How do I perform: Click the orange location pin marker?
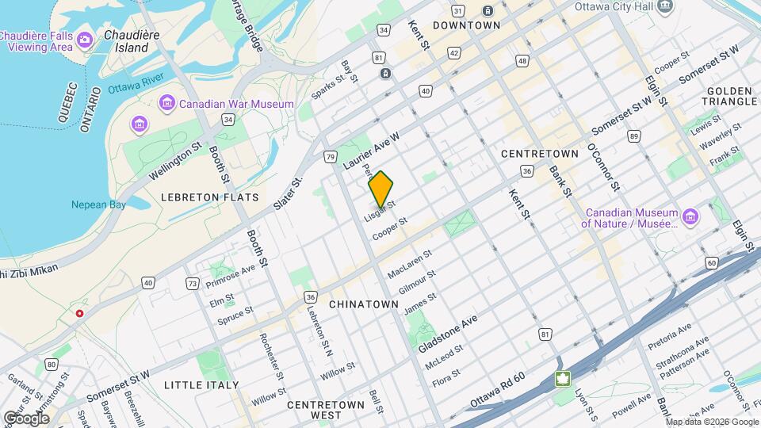point(381,189)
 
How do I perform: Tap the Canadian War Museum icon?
point(166,103)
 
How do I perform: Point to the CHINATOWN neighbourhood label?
point(362,304)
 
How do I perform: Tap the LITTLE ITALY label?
point(201,385)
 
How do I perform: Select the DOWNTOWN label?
point(466,25)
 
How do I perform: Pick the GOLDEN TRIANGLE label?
point(729,97)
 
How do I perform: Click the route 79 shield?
point(329,157)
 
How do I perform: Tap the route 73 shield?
point(192,283)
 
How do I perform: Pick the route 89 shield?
point(633,136)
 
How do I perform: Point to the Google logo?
point(26,418)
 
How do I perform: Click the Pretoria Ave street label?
point(670,338)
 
